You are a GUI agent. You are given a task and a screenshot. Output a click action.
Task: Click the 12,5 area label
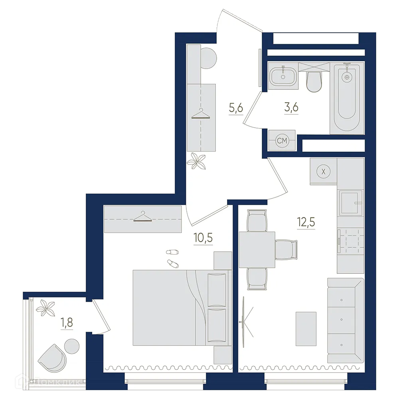pyautogui.click(x=306, y=222)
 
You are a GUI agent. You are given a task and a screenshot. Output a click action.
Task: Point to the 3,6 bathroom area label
pyautogui.click(x=291, y=107)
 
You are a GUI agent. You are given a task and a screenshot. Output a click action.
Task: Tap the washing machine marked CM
pyautogui.click(x=282, y=140)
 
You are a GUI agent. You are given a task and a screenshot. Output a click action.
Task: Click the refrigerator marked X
pyautogui.click(x=324, y=172)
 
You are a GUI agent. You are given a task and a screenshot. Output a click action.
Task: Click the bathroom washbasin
pyautogui.click(x=283, y=75)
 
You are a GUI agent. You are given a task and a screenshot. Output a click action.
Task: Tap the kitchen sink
pyautogui.click(x=350, y=202)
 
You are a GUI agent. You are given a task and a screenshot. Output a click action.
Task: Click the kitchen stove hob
pyautogui.click(x=350, y=242)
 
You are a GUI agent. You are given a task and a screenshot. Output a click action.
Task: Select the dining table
pyautogui.click(x=257, y=250)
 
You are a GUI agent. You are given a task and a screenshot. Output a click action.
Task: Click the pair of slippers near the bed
pyautogui.click(x=173, y=257)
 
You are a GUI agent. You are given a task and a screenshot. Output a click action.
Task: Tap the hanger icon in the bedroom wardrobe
pyautogui.click(x=142, y=217)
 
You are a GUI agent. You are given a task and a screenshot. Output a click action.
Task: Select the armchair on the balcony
pyautogui.click(x=52, y=357)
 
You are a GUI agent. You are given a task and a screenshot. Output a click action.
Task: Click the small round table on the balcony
pyautogui.click(x=72, y=346)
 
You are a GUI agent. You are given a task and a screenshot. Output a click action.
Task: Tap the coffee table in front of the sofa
pyautogui.click(x=306, y=329)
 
